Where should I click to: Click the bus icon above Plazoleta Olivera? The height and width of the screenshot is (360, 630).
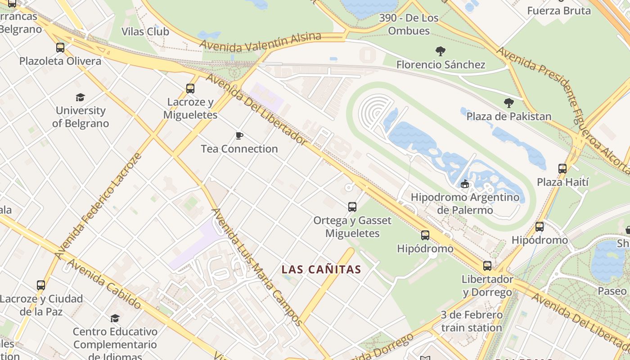point(60,47)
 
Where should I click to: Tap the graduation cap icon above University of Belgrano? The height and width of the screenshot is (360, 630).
point(80,97)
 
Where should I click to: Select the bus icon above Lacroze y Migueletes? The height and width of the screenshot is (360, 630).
point(190,89)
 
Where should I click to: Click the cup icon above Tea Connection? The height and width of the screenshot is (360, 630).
point(239,135)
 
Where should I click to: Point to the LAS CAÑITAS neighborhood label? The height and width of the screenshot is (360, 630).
point(321,270)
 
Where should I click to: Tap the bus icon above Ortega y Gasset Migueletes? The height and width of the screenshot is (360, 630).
point(352,207)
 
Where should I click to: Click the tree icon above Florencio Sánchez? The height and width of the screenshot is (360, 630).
point(441,51)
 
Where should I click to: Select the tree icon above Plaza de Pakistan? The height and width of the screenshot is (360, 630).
point(509,103)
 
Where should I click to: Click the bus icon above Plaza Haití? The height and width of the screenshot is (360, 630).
point(562,169)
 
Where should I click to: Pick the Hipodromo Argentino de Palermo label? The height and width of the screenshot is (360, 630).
point(465,203)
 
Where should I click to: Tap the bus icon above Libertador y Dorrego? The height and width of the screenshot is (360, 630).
point(487,265)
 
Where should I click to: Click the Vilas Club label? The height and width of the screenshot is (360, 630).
point(145,31)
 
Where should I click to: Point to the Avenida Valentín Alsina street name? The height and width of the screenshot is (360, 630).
point(261,42)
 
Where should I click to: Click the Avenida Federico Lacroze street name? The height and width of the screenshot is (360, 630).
point(98,207)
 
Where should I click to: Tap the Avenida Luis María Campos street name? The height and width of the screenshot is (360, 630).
point(257,266)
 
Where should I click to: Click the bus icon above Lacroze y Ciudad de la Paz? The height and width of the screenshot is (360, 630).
point(41,285)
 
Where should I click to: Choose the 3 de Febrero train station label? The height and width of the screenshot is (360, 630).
point(471,321)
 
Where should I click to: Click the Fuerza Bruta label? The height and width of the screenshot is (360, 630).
point(559,11)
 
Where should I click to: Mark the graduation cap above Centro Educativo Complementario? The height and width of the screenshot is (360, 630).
point(115,318)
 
